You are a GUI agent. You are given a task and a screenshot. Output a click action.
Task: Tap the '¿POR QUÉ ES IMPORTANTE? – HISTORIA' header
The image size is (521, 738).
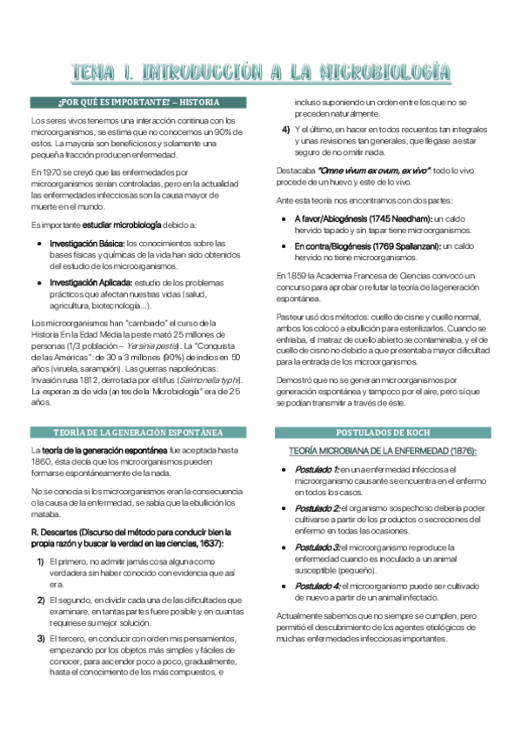137,102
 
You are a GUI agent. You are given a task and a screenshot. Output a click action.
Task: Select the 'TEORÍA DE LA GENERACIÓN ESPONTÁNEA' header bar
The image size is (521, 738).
137,433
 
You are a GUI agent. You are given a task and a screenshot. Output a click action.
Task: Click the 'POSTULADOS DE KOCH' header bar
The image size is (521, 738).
383,433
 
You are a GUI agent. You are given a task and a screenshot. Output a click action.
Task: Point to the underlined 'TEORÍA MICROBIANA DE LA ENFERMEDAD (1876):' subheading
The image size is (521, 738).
383,451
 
